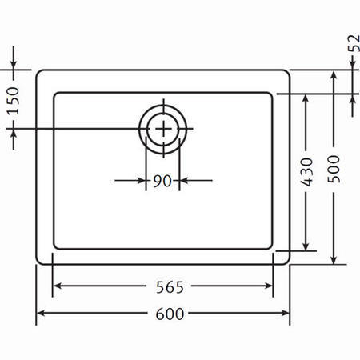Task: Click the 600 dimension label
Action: [170, 314]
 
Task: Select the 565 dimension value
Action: [170, 287]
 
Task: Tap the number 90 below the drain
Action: [162, 181]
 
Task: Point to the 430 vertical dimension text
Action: [306, 172]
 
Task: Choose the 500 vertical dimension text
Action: [334, 169]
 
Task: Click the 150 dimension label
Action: [13, 101]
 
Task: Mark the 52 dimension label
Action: [354, 43]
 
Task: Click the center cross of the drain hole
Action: [163, 129]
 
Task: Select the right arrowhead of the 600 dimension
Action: [286, 313]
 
